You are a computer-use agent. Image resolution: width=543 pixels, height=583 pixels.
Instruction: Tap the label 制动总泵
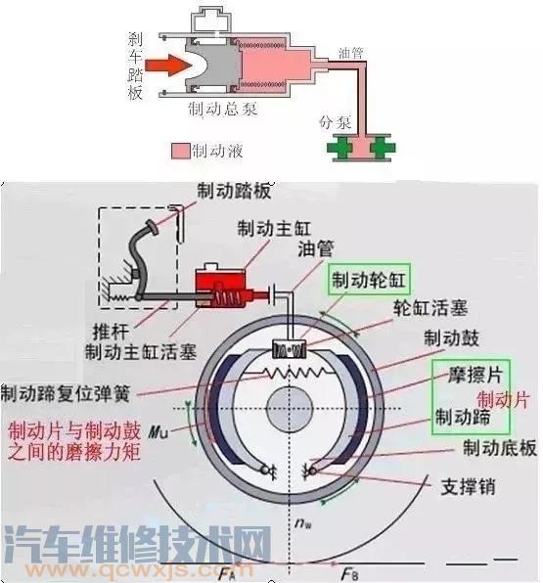point(224,109)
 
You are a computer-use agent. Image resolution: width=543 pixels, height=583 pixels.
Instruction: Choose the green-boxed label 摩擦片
point(468,374)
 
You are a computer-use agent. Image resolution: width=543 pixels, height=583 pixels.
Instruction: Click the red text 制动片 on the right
point(506,399)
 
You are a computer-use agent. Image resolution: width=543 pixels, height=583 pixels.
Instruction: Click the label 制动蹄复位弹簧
point(66,393)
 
